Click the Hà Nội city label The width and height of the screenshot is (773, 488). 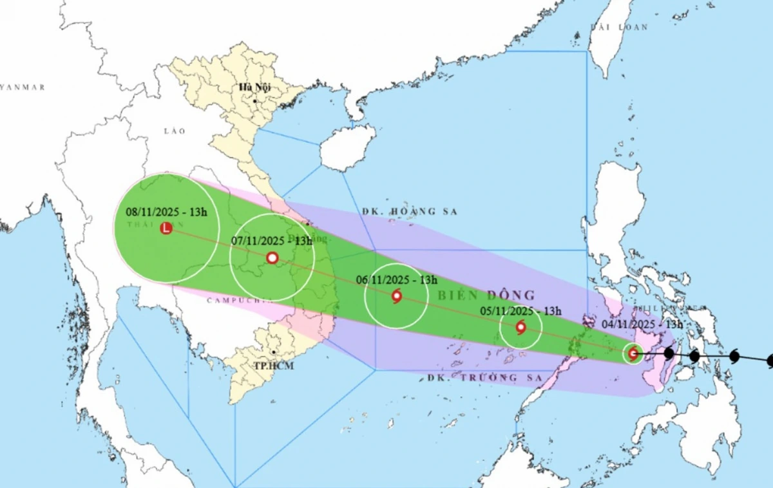(x=254, y=88)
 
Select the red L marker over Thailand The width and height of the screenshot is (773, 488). (x=166, y=228)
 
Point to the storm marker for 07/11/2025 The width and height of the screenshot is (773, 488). (x=272, y=258)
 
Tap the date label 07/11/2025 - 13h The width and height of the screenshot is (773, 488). (x=271, y=241)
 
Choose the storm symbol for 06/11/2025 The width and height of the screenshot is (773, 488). (x=396, y=296)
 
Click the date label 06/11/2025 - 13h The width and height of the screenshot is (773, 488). (x=397, y=280)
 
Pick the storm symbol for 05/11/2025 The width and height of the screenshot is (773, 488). (x=520, y=327)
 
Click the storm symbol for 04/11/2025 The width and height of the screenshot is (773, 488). (x=633, y=353)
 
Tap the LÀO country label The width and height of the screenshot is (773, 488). (x=174, y=131)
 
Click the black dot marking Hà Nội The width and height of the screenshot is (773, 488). (x=256, y=101)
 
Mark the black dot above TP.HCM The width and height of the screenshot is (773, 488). (x=274, y=352)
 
